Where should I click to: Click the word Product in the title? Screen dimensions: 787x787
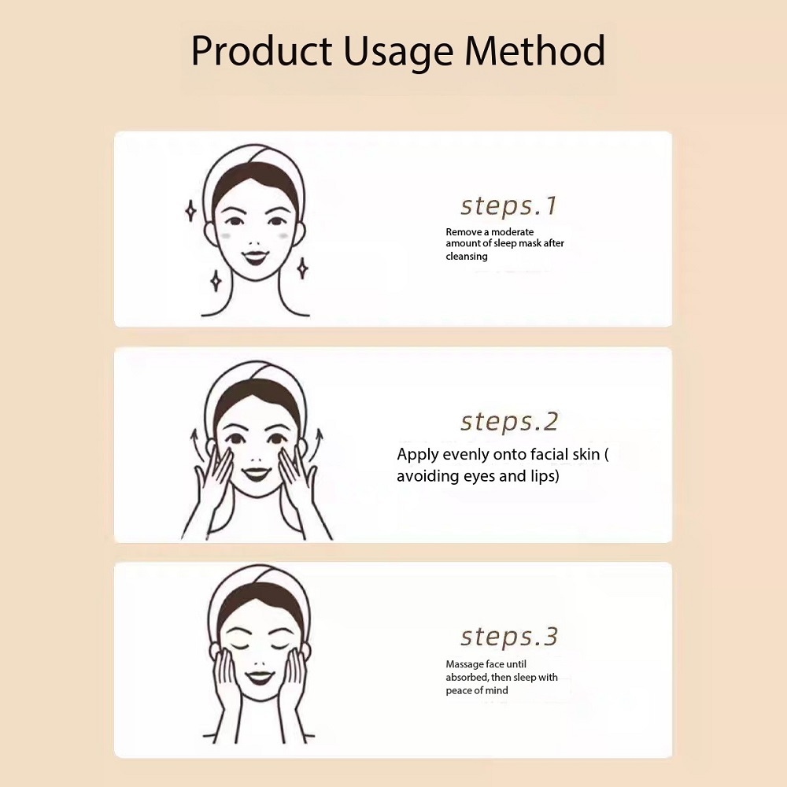pyautogui.click(x=261, y=50)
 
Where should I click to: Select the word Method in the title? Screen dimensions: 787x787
pyautogui.click(x=535, y=50)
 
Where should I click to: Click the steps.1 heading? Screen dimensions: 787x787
pyautogui.click(x=508, y=205)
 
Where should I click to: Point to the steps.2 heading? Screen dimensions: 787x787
pyautogui.click(x=509, y=422)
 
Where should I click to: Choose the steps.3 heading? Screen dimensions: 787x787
pyautogui.click(x=509, y=637)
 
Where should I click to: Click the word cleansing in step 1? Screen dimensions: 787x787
pyautogui.click(x=466, y=257)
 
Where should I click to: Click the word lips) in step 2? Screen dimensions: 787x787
pyautogui.click(x=545, y=476)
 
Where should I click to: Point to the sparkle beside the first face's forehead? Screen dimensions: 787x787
pyautogui.click(x=190, y=210)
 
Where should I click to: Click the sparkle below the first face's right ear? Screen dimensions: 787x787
pyautogui.click(x=302, y=268)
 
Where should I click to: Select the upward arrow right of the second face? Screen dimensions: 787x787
pyautogui.click(x=316, y=445)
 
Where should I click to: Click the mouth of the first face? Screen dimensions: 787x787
pyautogui.click(x=255, y=257)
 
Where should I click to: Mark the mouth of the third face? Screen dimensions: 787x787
pyautogui.click(x=260, y=678)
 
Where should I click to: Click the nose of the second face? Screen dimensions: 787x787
pyautogui.click(x=256, y=460)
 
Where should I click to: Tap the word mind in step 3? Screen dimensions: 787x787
pyautogui.click(x=497, y=691)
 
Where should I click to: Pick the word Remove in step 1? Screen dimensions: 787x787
pyautogui.click(x=464, y=232)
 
